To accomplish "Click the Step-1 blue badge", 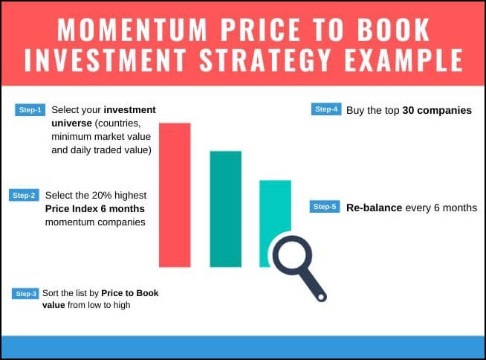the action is [30, 110].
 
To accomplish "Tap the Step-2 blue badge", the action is [24, 195].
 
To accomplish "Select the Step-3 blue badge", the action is [25, 294].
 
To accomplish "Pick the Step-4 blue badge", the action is [326, 109].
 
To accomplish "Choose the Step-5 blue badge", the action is [325, 207].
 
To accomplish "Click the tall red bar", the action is [175, 195].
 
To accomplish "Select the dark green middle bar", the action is [226, 209].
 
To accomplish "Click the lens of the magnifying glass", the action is [292, 255].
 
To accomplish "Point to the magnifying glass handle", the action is [313, 285].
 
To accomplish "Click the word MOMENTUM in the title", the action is [132, 30].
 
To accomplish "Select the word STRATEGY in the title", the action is [265, 60].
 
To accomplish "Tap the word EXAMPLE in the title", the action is [404, 60].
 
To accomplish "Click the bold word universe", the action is [71, 123].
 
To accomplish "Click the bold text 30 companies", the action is [437, 111].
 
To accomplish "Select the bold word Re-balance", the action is [374, 208].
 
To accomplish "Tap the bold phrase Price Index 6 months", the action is [95, 208].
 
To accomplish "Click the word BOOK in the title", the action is [393, 30].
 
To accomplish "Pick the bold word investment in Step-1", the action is [129, 110].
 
